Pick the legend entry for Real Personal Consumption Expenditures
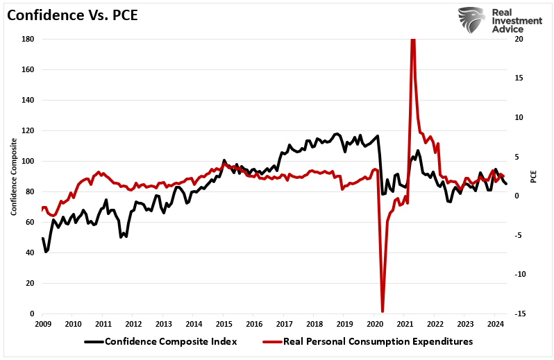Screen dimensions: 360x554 coord(368,341)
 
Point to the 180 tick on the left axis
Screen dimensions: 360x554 coord(28,39)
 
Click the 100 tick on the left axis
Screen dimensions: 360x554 coord(28,161)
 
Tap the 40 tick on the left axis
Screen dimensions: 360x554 coord(31,252)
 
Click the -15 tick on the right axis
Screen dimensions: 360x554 coord(518,314)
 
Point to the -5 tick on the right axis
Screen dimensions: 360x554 coord(517,235)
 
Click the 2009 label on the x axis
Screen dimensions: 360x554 coord(42,324)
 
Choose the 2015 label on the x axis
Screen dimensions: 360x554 coord(224,324)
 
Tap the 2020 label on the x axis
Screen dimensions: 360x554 coord(374,324)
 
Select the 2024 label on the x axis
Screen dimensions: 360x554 coord(495,324)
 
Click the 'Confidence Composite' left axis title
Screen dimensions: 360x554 coord(13,176)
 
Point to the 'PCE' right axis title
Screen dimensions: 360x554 coord(534,176)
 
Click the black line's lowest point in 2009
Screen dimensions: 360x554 coord(46,251)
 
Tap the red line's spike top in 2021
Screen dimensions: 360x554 coord(413,40)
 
